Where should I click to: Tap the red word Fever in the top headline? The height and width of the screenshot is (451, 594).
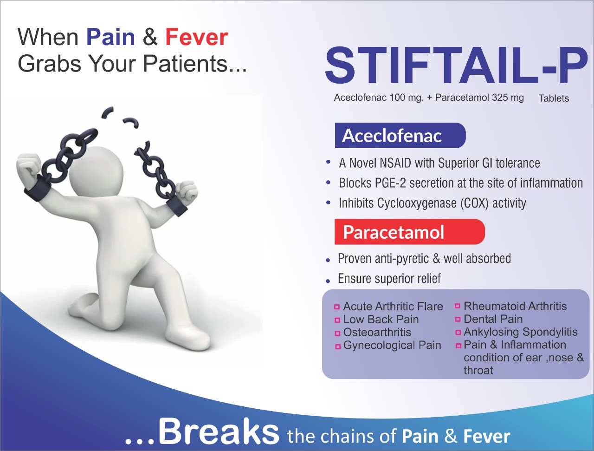pyautogui.click(x=197, y=37)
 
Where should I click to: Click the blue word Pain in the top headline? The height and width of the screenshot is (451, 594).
pyautogui.click(x=110, y=37)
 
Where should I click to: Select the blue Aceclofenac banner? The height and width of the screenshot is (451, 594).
pyautogui.click(x=400, y=136)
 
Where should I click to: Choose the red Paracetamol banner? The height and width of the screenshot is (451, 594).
pyautogui.click(x=410, y=232)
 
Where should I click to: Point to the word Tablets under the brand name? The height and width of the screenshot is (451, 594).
pyautogui.click(x=554, y=98)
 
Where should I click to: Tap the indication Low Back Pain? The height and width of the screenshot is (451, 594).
pyautogui.click(x=381, y=320)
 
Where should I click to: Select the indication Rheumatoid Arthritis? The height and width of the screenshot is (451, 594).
pyautogui.click(x=515, y=306)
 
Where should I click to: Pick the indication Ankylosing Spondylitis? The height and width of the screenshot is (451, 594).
pyautogui.click(x=521, y=332)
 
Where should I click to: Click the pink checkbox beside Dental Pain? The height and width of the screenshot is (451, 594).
pyautogui.click(x=458, y=320)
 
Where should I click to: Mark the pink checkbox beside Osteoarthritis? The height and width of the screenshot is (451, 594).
pyautogui.click(x=337, y=333)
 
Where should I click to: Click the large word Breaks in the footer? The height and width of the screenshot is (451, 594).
pyautogui.click(x=219, y=431)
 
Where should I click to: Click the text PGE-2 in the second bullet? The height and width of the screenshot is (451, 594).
pyautogui.click(x=390, y=183)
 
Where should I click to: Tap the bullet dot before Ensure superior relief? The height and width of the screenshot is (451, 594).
pyautogui.click(x=328, y=281)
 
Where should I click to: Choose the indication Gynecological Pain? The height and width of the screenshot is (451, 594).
pyautogui.click(x=392, y=346)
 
